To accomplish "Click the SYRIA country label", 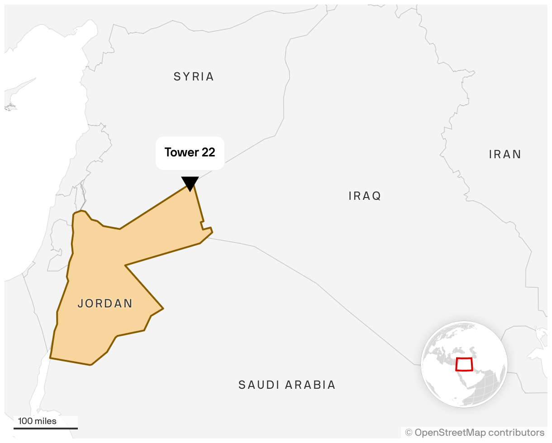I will tap(194, 77).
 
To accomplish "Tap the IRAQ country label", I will tap(365, 196).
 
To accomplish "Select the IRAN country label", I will tap(505, 155).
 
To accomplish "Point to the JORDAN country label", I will tap(105, 303).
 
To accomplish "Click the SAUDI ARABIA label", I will tap(287, 385).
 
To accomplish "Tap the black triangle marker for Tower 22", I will tap(190, 183).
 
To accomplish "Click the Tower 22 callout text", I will tap(190, 152).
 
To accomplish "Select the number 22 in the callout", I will tap(208, 152).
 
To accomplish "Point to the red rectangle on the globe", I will tap(464, 364).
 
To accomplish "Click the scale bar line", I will tap(46, 428).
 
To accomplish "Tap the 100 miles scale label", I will tap(37, 421).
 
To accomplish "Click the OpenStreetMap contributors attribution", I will tap(475, 433).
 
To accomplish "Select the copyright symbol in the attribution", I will tap(409, 433).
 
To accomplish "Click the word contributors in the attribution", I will tap(516, 433).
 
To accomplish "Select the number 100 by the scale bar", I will tap(25, 421).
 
